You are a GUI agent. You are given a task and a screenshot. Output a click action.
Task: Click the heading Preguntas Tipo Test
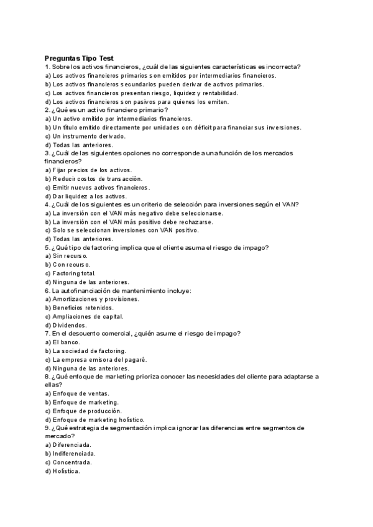coord(78,57)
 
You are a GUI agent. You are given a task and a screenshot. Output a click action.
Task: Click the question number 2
coord(47,109)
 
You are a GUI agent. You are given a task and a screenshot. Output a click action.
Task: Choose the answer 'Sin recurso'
coord(70,255)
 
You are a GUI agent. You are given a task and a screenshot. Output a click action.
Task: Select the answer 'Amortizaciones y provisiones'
coord(96,299)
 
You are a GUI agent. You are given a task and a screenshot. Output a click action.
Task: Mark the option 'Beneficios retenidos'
coord(83,308)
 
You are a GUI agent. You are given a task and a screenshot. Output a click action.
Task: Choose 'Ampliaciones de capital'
coord(87,316)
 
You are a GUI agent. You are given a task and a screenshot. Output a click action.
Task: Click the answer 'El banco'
coord(64,342)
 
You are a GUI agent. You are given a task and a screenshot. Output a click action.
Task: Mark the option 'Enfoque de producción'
coord(87,411)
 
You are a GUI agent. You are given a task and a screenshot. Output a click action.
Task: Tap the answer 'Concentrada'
coord(72,462)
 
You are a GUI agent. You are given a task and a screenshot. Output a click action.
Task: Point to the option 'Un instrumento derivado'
coord(80,135)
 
